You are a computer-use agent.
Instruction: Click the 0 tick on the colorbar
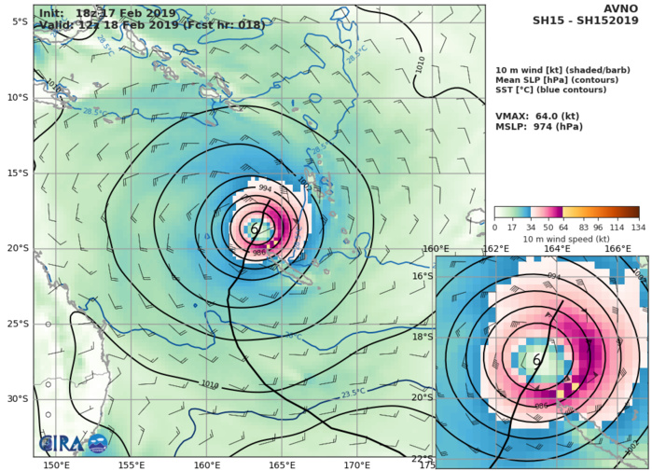[494, 226]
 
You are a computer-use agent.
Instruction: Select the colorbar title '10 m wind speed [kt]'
[566, 239]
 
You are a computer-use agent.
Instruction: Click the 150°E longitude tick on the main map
[56, 464]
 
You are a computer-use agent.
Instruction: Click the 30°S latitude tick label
[17, 398]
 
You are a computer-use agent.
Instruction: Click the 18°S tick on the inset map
[421, 337]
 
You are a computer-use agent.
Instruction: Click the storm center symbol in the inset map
[536, 359]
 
